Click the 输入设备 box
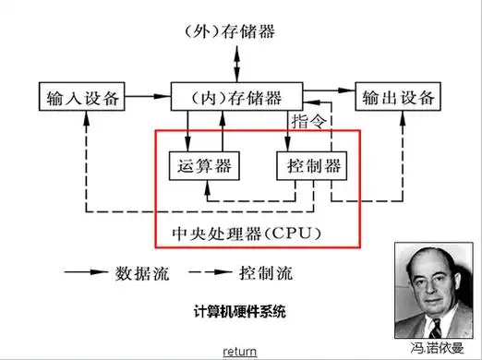pos(81,98)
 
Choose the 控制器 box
pos(309,166)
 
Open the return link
pos(240,352)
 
